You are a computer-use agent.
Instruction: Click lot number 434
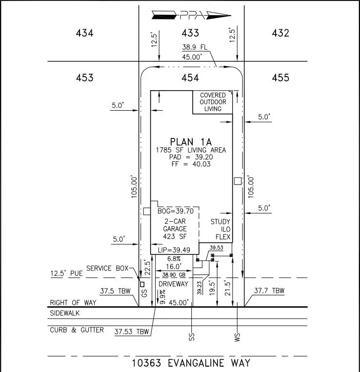click(84, 33)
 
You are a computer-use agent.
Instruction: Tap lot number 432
click(280, 33)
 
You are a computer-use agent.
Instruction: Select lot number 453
click(84, 78)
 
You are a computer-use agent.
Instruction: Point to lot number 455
click(280, 78)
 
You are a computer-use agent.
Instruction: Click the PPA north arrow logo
click(191, 15)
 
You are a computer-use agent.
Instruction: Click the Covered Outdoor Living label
click(213, 102)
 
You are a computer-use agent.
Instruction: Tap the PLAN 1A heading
click(191, 142)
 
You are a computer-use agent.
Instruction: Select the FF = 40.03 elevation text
click(191, 164)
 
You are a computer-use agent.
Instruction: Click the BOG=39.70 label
click(176, 211)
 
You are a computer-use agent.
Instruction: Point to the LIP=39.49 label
click(174, 250)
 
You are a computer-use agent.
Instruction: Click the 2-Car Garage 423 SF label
click(175, 229)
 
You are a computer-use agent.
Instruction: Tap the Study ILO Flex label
click(220, 229)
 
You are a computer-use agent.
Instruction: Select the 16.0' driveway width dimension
click(174, 266)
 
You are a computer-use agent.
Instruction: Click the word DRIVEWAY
click(173, 284)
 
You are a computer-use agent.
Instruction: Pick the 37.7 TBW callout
click(269, 291)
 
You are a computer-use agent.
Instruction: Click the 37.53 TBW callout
click(132, 332)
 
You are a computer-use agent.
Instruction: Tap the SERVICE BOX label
click(107, 268)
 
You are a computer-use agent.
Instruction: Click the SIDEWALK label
click(64, 313)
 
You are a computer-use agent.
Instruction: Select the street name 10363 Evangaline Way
click(191, 363)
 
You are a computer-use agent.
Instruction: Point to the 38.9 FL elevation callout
click(195, 47)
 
